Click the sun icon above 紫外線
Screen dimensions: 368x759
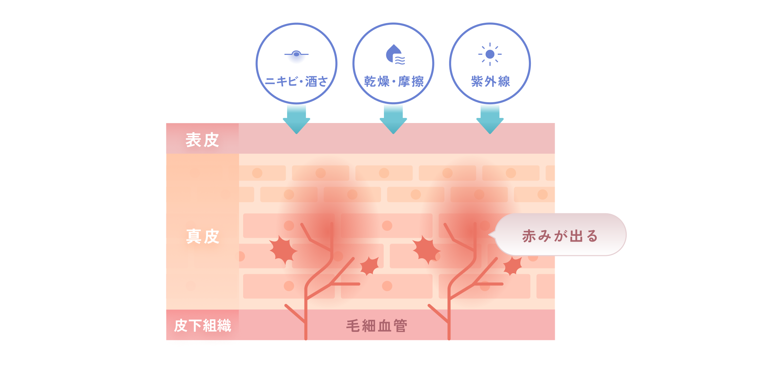(x=490, y=54)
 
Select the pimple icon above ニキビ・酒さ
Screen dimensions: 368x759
(x=296, y=54)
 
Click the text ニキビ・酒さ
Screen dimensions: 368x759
(x=296, y=81)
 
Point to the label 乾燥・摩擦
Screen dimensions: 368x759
(x=394, y=81)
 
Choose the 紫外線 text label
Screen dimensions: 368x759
(x=490, y=81)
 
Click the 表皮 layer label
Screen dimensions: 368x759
(x=202, y=140)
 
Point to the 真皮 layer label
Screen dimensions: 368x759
(x=203, y=236)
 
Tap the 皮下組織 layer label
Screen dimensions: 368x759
(x=203, y=326)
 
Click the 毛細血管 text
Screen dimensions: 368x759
(x=377, y=326)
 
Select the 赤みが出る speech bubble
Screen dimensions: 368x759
(x=560, y=235)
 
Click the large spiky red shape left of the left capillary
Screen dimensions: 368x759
(x=283, y=250)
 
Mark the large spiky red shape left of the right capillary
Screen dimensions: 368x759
(x=426, y=250)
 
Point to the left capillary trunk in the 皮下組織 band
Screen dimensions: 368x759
(x=306, y=325)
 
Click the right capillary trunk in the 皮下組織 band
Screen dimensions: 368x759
(x=449, y=325)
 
